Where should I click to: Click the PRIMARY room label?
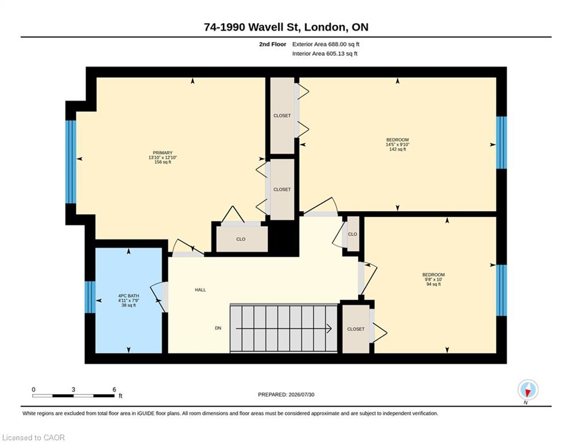pyautogui.click(x=162, y=153)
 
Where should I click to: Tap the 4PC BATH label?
pyautogui.click(x=128, y=296)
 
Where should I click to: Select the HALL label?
pyautogui.click(x=200, y=289)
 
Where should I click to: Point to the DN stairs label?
pyautogui.click(x=218, y=328)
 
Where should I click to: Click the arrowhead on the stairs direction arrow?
pyautogui.click(x=329, y=329)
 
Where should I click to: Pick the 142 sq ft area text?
pyautogui.click(x=398, y=149)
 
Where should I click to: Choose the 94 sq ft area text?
pyautogui.click(x=433, y=284)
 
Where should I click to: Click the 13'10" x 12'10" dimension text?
pyautogui.click(x=162, y=158)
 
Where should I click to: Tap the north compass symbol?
pyautogui.click(x=528, y=390)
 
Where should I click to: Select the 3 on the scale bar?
pyautogui.click(x=74, y=390)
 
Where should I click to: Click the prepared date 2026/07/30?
pyautogui.click(x=301, y=394)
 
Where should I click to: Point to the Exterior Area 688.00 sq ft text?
pyautogui.click(x=326, y=44)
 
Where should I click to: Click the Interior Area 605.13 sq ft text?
pyautogui.click(x=325, y=54)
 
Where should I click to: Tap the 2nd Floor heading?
pyautogui.click(x=272, y=44)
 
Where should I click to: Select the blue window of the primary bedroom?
pyautogui.click(x=71, y=162)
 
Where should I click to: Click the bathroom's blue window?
pyautogui.click(x=90, y=297)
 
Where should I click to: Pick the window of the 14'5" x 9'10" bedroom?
pyautogui.click(x=502, y=143)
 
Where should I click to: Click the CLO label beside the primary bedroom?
pyautogui.click(x=241, y=239)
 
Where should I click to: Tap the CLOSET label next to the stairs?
pyautogui.click(x=356, y=329)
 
